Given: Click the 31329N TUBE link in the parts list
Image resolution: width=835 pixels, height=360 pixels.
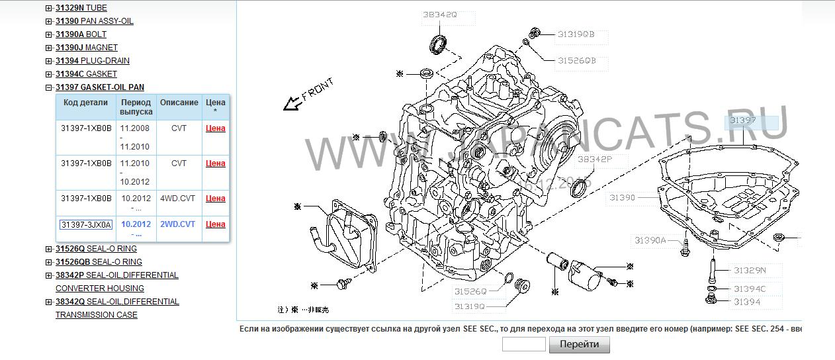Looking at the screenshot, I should point(81,8).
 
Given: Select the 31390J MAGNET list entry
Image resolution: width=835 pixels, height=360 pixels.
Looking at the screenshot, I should point(86,48).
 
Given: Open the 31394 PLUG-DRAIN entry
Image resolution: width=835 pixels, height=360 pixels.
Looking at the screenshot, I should point(92,61).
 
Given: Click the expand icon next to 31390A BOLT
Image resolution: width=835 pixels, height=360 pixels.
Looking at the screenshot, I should point(49,34).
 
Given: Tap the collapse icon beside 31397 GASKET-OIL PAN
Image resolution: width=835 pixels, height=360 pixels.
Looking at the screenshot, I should point(49,87).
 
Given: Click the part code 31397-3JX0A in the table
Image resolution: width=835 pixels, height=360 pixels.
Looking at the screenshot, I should point(86,225).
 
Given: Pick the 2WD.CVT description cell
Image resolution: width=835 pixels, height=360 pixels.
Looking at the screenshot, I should point(178,224).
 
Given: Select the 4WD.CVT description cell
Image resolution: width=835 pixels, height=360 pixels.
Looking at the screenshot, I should point(178,198).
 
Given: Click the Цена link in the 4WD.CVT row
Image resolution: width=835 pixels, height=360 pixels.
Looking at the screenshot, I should point(216,199).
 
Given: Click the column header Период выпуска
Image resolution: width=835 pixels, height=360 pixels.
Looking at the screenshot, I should point(136,107).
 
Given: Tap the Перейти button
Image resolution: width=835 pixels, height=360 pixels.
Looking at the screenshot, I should point(579,344).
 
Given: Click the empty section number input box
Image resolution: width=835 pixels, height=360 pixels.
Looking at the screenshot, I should point(523,344).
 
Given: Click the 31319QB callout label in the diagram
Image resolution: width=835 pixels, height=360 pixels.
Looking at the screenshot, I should point(576,34).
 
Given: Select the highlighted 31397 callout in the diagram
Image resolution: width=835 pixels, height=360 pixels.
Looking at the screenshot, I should point(743,121).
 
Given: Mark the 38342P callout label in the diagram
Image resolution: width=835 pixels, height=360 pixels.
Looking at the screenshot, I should point(594,159).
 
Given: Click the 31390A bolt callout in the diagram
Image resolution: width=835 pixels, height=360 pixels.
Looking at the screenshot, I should point(650,240).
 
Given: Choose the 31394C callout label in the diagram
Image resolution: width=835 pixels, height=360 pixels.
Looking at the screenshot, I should point(749,289).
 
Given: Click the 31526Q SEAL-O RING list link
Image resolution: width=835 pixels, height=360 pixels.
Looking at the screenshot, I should point(96,249).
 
